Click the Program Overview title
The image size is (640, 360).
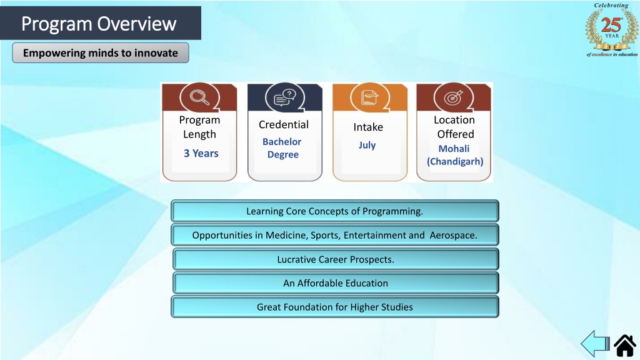[x=99, y=24]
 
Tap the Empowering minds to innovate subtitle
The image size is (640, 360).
[x=101, y=53]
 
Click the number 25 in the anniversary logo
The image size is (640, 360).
[x=611, y=25]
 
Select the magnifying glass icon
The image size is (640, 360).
[x=199, y=97]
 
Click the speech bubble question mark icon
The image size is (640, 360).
[x=285, y=97]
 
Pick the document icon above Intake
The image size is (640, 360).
[x=370, y=97]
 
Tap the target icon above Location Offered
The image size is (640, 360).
[x=454, y=97]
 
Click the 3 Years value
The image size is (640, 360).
[x=201, y=153]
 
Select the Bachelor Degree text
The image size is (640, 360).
[x=282, y=147]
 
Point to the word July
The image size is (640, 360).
[x=367, y=145]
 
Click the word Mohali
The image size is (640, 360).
[x=454, y=149]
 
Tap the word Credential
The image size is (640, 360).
[x=284, y=124]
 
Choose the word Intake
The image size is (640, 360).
[x=368, y=127]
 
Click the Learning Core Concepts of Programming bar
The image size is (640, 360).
[x=335, y=211]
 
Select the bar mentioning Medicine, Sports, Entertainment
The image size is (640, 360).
[x=335, y=235]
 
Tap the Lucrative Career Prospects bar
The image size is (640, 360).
[x=336, y=259]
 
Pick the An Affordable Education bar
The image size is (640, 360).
[x=336, y=283]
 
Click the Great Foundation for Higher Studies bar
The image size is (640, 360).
[x=335, y=307]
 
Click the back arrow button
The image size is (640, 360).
[x=595, y=344]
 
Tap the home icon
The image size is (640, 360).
[x=625, y=345]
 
